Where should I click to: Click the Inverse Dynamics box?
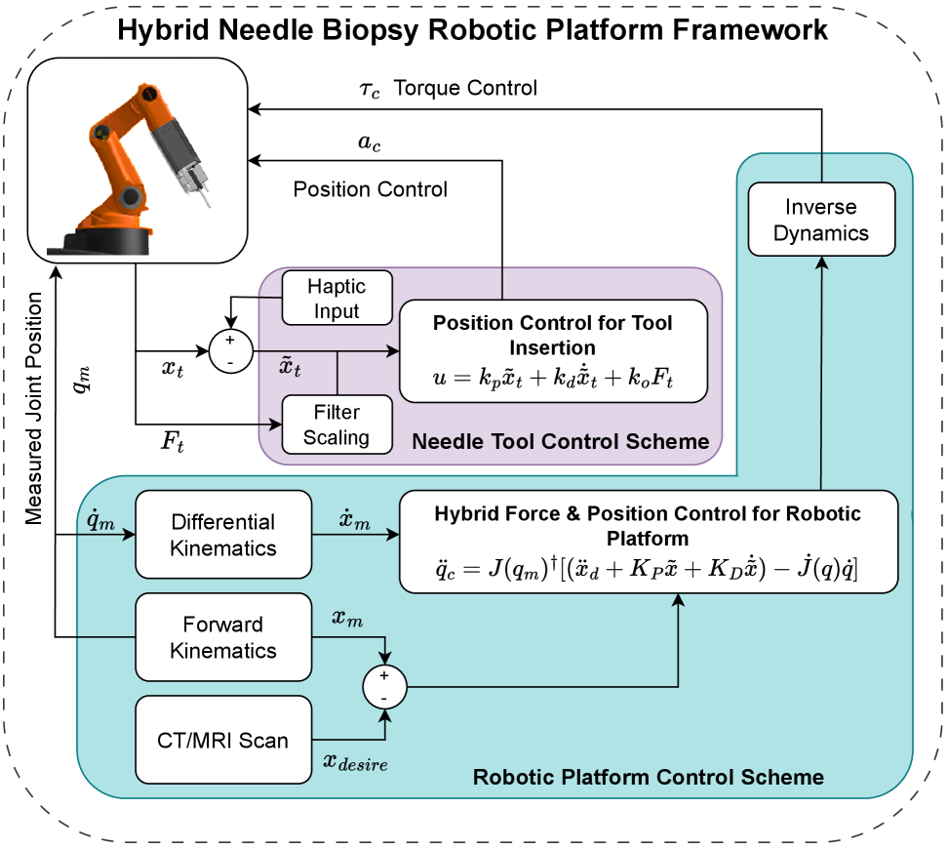[x=821, y=220]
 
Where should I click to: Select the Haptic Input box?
[x=336, y=299]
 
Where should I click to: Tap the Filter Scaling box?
[x=336, y=424]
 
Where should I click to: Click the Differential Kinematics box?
[x=223, y=535]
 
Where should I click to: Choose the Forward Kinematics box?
[x=223, y=637]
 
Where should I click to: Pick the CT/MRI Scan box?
[x=223, y=740]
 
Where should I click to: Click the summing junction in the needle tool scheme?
[x=230, y=349]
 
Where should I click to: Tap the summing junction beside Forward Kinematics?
[x=384, y=687]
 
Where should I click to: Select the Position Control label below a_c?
[x=371, y=189]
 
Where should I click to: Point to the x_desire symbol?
[x=355, y=764]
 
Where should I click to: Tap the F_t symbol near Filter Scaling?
[x=173, y=445]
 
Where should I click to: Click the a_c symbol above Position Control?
[x=370, y=143]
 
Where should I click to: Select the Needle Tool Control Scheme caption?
[x=560, y=441]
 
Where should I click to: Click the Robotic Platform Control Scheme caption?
[x=648, y=778]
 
